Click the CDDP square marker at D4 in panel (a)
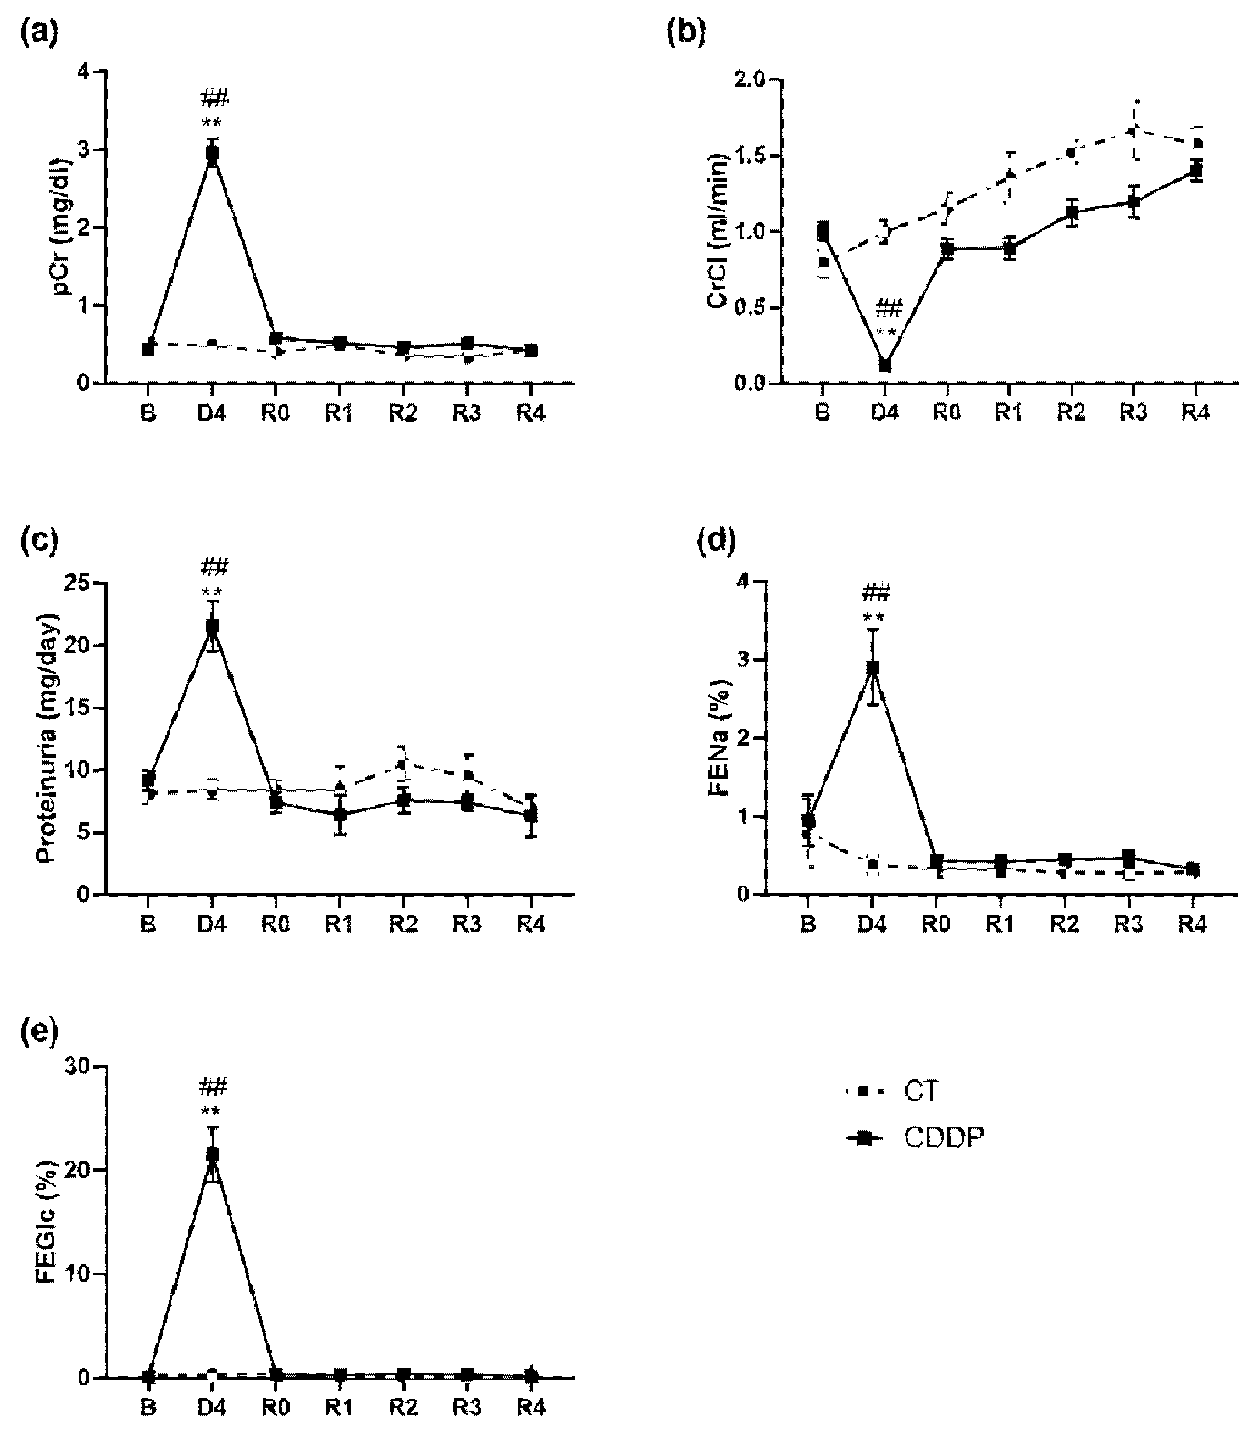pyautogui.click(x=212, y=155)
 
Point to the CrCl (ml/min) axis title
pyautogui.click(x=718, y=231)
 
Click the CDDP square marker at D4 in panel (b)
pyautogui.click(x=885, y=365)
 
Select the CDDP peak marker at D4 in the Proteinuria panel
pyautogui.click(x=212, y=626)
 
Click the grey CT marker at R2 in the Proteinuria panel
pyautogui.click(x=404, y=763)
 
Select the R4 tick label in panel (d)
pyautogui.click(x=1192, y=924)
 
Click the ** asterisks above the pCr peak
pyautogui.click(x=212, y=123)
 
